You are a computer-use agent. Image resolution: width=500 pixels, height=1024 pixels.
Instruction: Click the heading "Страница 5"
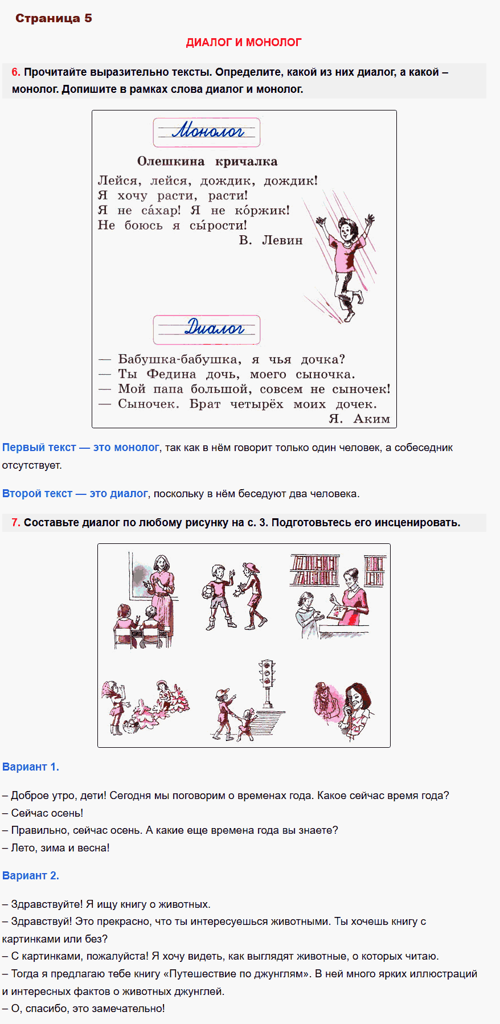(x=54, y=18)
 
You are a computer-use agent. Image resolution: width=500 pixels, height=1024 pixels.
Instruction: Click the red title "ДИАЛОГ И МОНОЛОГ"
(x=244, y=42)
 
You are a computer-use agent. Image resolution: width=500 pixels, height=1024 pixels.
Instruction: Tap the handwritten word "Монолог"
(x=208, y=131)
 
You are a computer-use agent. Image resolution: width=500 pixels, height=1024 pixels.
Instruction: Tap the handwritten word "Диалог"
(x=214, y=327)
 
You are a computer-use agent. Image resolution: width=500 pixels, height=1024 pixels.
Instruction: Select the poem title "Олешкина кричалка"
(x=207, y=161)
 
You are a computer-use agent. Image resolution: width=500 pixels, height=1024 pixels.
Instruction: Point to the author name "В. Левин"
(x=271, y=240)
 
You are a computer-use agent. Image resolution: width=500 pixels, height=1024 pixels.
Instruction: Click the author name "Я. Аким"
(x=359, y=419)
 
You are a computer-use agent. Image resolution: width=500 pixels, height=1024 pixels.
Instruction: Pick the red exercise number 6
(x=15, y=72)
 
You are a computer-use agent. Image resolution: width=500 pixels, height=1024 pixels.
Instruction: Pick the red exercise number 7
(x=15, y=523)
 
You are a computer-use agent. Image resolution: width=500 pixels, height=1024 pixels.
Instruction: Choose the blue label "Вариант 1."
(x=31, y=767)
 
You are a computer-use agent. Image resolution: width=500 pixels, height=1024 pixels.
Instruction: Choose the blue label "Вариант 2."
(x=31, y=876)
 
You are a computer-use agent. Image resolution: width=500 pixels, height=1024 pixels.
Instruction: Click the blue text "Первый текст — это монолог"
(x=80, y=448)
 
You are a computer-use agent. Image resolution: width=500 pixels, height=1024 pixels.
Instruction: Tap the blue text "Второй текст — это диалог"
(x=75, y=494)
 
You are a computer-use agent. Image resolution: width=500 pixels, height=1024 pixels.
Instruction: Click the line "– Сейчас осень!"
(x=43, y=813)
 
